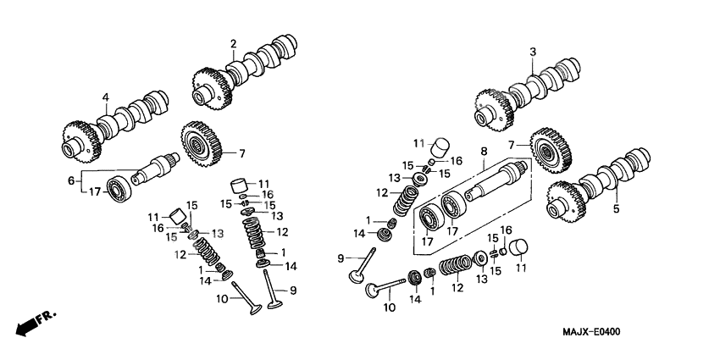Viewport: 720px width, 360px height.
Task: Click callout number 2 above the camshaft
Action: (232, 43)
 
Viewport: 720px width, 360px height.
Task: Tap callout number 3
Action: (532, 53)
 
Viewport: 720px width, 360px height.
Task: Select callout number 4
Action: (106, 98)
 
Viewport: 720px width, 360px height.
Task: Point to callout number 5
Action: (616, 208)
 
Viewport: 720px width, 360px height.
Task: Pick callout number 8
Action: (484, 152)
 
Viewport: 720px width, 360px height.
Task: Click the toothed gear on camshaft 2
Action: (209, 86)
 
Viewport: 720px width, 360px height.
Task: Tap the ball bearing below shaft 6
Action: (117, 187)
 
